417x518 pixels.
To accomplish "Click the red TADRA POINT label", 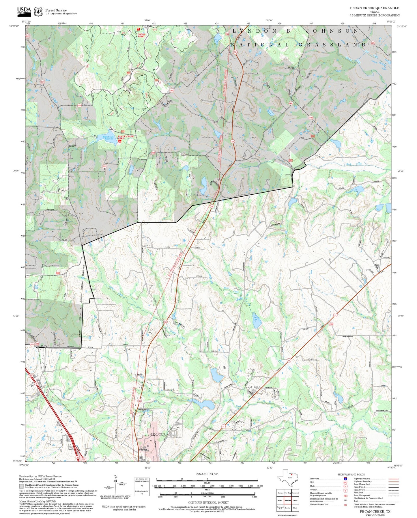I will [x=141, y=35].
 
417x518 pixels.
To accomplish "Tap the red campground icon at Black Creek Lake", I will [x=120, y=141].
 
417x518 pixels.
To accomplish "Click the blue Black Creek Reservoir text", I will [x=105, y=137].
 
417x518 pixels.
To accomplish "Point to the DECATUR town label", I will [x=158, y=435].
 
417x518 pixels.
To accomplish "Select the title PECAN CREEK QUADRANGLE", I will [x=375, y=8].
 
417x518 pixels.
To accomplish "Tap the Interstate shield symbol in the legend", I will [x=345, y=478].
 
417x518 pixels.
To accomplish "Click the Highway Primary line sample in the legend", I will [x=393, y=478].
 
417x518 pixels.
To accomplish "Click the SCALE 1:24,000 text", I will [x=207, y=474].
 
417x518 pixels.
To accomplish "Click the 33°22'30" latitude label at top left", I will [x=14, y=26].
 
